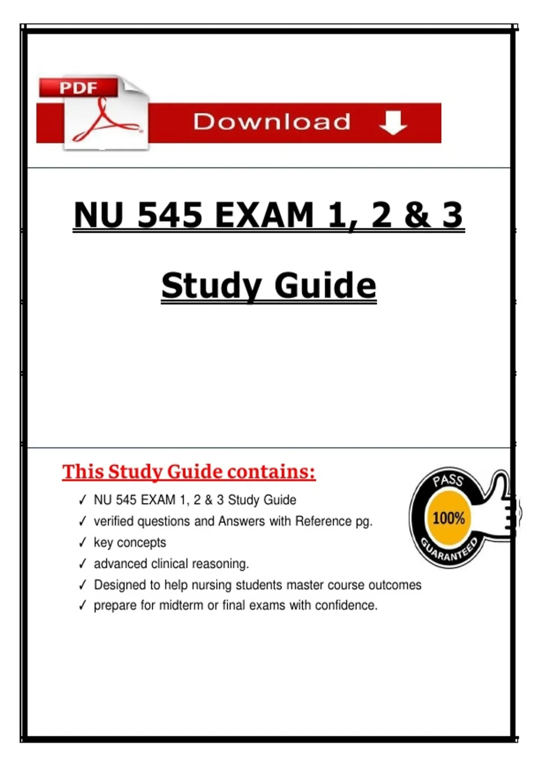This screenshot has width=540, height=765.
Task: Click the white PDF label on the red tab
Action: click(x=78, y=87)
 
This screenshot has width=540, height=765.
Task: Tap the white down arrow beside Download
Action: click(x=393, y=122)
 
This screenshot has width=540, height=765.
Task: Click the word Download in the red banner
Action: click(x=272, y=122)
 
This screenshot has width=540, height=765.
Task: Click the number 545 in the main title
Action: click(x=170, y=215)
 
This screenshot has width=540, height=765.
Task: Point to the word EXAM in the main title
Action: click(x=264, y=215)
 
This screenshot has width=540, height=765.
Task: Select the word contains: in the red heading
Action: click(x=271, y=472)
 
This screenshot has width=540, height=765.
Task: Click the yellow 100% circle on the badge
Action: click(x=448, y=518)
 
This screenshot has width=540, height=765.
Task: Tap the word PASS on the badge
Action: click(x=448, y=480)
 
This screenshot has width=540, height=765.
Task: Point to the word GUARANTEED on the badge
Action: click(x=448, y=551)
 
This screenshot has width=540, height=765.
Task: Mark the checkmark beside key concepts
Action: click(x=82, y=542)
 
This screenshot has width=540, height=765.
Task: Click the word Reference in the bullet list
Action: click(x=323, y=521)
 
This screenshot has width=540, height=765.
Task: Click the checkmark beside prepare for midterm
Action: click(x=82, y=605)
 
